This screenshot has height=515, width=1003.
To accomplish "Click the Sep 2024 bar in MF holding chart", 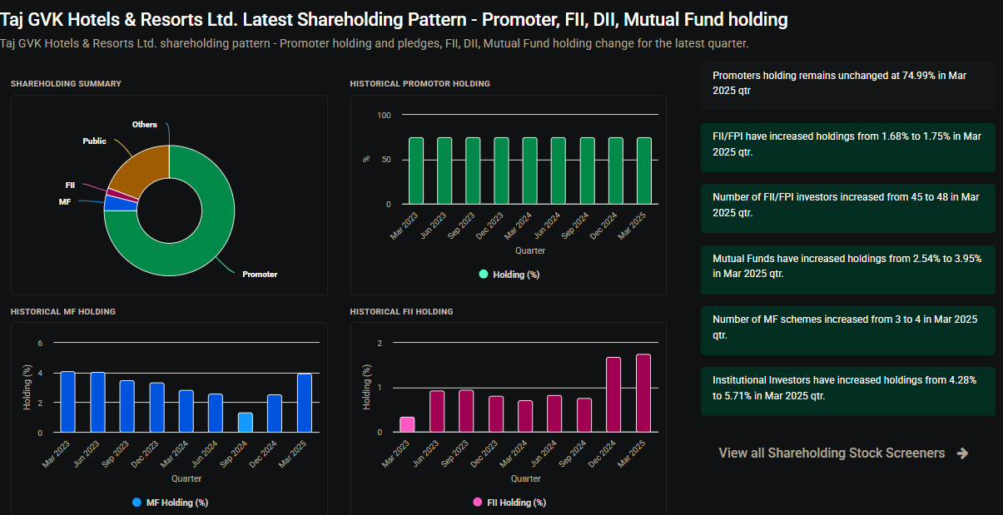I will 245,423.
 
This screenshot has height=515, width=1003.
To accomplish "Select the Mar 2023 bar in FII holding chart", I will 407,424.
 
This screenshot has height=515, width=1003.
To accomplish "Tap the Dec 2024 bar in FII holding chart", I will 614,394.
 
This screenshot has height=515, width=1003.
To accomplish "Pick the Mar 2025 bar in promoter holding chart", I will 644,171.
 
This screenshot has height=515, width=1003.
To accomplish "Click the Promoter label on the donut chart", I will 260,274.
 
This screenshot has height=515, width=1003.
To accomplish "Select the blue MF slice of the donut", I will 120,203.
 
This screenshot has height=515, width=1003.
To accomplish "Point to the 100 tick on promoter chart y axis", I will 384,115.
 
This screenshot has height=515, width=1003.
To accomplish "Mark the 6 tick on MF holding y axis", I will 39,343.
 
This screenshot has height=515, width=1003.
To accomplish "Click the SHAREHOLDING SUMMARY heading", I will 66,84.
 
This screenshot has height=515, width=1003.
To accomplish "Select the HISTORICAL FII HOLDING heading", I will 401,312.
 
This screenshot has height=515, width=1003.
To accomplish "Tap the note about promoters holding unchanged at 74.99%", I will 847,83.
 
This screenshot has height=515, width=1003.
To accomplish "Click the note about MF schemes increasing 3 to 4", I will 847,327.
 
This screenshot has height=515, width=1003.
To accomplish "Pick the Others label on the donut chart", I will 145,125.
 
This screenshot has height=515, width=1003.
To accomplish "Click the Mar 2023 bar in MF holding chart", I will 68,402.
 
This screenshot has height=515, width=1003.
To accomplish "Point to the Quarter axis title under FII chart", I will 526,478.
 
